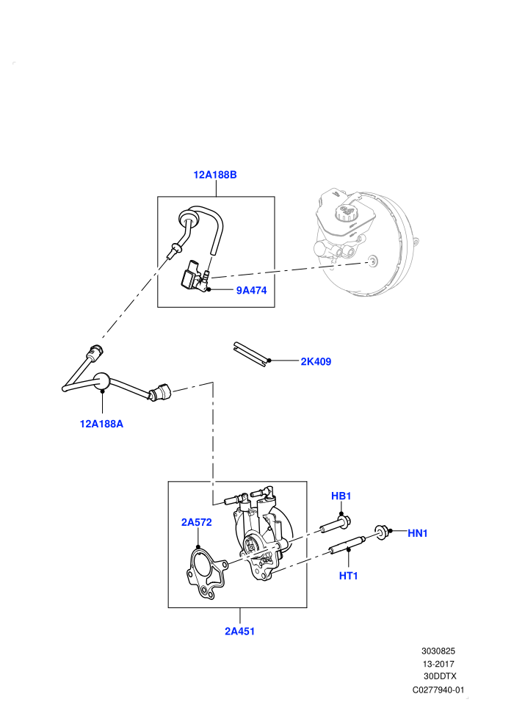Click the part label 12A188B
pos(215,175)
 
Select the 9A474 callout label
pos(252,290)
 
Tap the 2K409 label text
pos(316,361)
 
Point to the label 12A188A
pos(101,424)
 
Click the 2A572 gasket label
pos(197,522)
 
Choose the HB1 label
pos(341,496)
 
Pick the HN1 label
pos(418,534)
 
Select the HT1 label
pos(349,576)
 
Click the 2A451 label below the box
pos(239,631)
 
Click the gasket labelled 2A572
pos(206,574)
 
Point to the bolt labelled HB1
pos(335,525)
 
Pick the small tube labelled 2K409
pos(250,354)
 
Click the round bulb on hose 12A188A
pos(102,382)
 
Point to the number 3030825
pos(438,651)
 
